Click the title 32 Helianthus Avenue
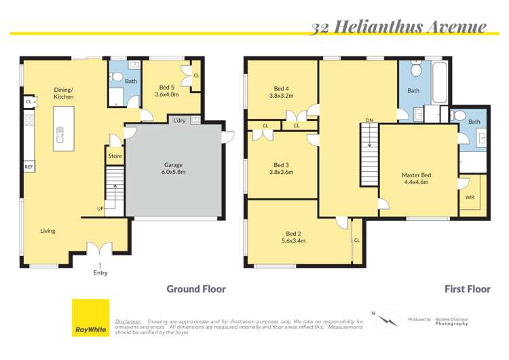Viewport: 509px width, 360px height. pyautogui.click(x=398, y=26)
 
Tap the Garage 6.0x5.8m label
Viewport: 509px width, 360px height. pyautogui.click(x=174, y=168)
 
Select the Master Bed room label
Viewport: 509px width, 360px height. pyautogui.click(x=417, y=179)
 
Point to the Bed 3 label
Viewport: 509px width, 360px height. pyautogui.click(x=281, y=168)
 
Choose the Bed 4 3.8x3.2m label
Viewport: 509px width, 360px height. pyautogui.click(x=281, y=92)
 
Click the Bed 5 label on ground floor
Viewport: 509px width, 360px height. pyautogui.click(x=166, y=91)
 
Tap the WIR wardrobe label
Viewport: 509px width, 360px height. pyautogui.click(x=470, y=197)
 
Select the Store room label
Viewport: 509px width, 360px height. pyautogui.click(x=115, y=157)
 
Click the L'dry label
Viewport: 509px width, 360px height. pyautogui.click(x=179, y=121)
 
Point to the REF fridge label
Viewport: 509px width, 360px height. pyautogui.click(x=29, y=166)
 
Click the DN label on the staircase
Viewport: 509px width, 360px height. pyautogui.click(x=370, y=121)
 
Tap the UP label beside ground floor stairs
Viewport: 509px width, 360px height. pyautogui.click(x=100, y=209)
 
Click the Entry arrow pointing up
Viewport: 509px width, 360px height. pyautogui.click(x=100, y=264)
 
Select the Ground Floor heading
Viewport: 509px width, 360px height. pyautogui.click(x=196, y=289)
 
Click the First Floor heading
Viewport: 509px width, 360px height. pyautogui.click(x=467, y=289)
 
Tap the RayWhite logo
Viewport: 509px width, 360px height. pyautogui.click(x=90, y=317)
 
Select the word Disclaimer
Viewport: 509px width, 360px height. pyautogui.click(x=128, y=321)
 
